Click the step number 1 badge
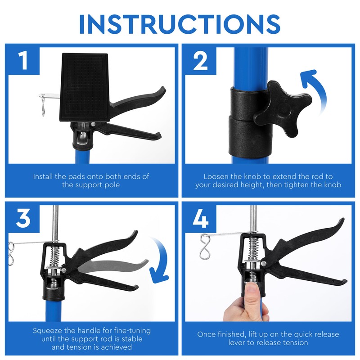[23, 61]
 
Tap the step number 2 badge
[201, 61]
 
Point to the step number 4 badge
[201, 217]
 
